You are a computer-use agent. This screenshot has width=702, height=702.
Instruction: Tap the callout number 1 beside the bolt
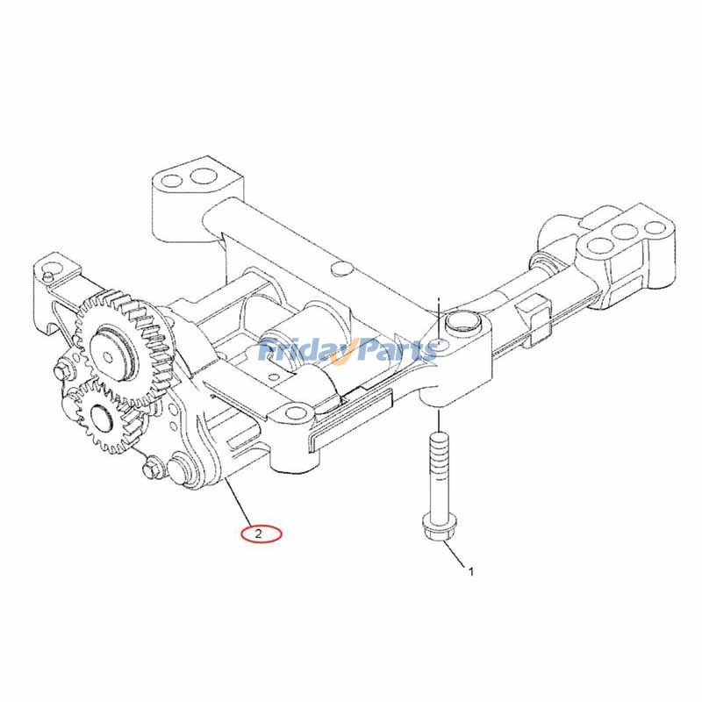tap(471, 572)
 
